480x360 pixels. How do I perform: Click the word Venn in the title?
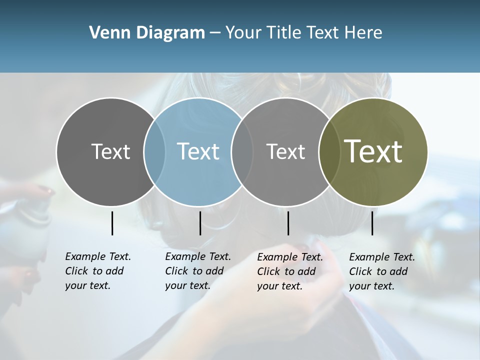[x=109, y=33]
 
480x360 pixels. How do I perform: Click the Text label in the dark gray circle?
[x=110, y=151]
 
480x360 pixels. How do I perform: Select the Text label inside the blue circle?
[x=198, y=151]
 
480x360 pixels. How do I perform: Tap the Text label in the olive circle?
[x=373, y=151]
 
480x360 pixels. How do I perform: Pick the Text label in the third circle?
[x=285, y=151]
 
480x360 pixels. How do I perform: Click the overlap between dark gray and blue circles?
[x=154, y=151]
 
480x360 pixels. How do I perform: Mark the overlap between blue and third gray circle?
[x=242, y=151]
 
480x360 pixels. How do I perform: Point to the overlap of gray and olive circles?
[x=329, y=151]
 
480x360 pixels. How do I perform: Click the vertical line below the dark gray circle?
[x=112, y=223]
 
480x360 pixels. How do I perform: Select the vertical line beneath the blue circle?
[x=200, y=223]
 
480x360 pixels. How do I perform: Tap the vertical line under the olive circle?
[x=372, y=223]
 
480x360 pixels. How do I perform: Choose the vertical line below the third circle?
[x=288, y=223]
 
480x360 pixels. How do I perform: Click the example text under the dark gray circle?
[x=97, y=271]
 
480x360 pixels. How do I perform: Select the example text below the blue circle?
[x=197, y=271]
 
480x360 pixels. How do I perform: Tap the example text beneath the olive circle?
[x=381, y=271]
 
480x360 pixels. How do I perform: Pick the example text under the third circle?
[x=289, y=271]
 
